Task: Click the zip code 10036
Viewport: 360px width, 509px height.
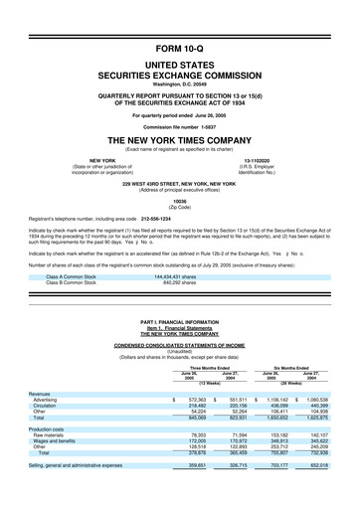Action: (179, 200)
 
